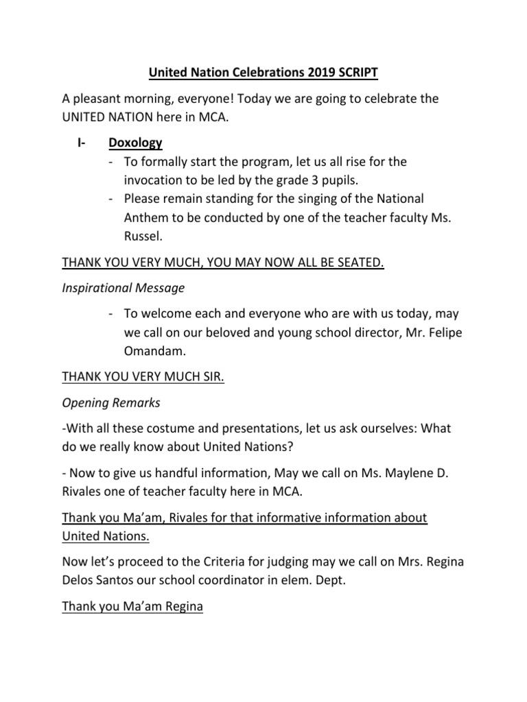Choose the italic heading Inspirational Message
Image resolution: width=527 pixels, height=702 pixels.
123,288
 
